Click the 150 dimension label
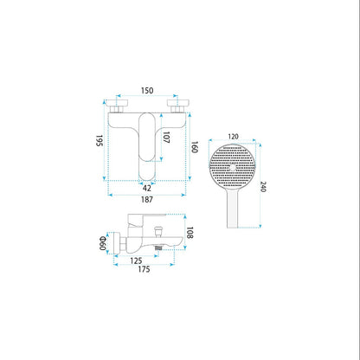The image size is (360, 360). [147, 91]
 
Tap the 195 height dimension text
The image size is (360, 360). [100, 140]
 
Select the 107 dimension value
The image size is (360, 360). [166, 137]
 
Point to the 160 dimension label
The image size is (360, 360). [195, 147]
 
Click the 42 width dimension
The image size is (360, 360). [147, 188]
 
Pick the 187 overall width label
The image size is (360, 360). [147, 199]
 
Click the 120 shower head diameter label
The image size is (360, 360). [233, 137]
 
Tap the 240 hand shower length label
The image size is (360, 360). [263, 187]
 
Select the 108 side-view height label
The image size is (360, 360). [190, 233]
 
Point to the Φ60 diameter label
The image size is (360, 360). [103, 243]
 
